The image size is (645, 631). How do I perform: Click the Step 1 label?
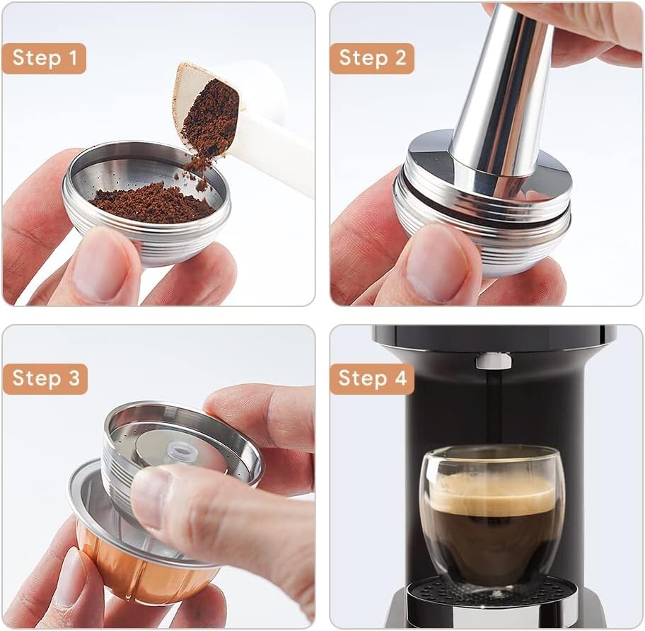point(44,59)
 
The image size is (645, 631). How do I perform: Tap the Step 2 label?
point(372,59)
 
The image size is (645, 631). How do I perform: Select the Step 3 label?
point(45,378)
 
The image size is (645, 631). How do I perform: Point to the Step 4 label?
point(372,378)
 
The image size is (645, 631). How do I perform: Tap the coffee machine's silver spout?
point(493,361)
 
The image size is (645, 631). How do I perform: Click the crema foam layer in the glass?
point(492,495)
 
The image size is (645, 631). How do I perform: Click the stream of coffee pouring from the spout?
point(493,410)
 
